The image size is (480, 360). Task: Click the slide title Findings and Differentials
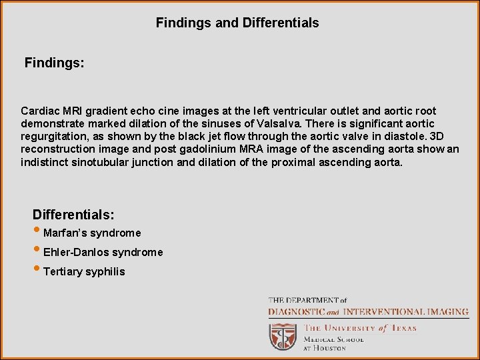point(237,23)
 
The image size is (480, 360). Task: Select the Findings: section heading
point(55,63)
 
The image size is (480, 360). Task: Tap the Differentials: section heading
point(73,215)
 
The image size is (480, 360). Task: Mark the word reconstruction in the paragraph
point(55,149)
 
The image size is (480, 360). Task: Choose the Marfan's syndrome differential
point(92,233)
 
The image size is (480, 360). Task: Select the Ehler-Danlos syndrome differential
point(103,253)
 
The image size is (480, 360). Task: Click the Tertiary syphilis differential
point(83,272)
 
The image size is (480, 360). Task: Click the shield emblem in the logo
point(283,336)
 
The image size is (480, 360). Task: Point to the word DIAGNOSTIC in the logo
point(297,311)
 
